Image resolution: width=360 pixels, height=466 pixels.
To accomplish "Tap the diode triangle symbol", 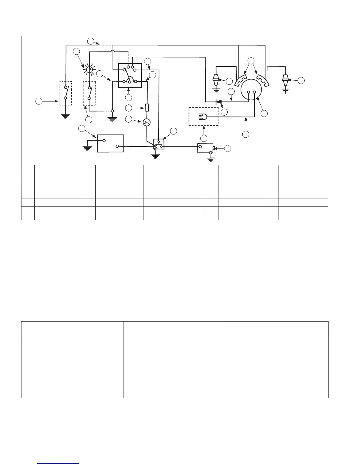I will coord(219,102).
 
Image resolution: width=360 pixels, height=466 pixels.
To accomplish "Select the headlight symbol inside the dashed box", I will coord(204,117).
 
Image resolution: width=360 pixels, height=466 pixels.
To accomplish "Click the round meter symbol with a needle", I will coord(146,122).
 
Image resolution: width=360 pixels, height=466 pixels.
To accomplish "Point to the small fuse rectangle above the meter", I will coord(147,108).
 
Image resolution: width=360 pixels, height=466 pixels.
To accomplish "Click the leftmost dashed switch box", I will coord(66,93).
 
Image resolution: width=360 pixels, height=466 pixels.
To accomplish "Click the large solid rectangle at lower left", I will coord(110,144).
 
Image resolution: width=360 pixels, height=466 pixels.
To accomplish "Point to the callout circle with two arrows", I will coord(251,61).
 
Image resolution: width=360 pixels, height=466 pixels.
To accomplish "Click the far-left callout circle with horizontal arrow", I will coord(39,101).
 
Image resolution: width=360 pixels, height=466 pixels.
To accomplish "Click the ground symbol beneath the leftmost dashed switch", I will coord(65,116).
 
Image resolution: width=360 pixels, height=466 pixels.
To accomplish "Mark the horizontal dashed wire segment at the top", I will coord(105,45).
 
